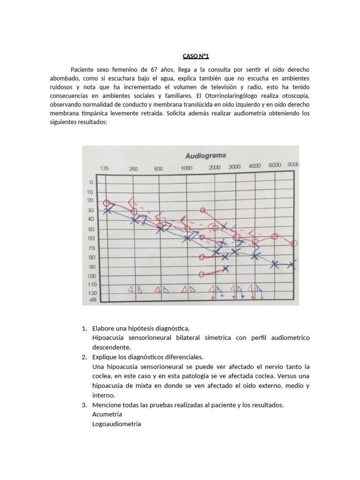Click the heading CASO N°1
195,57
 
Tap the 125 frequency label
105,168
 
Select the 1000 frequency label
187,168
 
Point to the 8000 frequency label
294,165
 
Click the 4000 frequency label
255,166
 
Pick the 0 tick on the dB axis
91,182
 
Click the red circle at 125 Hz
107,203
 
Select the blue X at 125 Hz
107,210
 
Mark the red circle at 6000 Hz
275,237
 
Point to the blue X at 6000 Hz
275,265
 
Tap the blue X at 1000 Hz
187,238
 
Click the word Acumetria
107,414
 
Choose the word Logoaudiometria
117,424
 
